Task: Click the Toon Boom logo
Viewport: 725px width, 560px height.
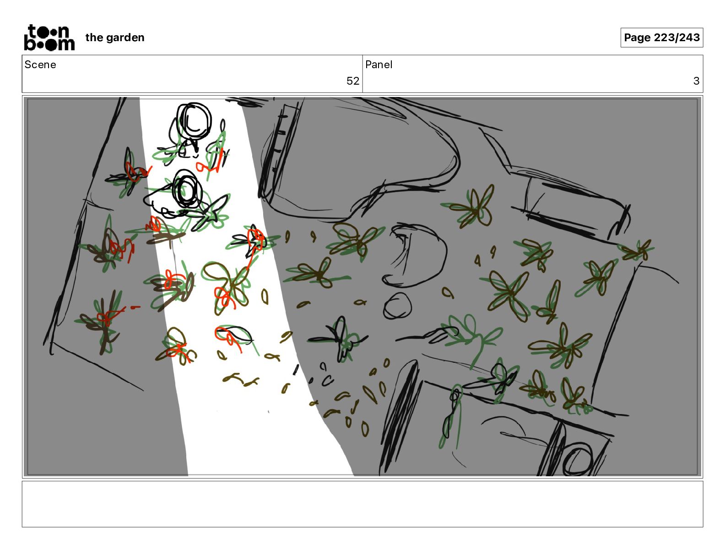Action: [49, 38]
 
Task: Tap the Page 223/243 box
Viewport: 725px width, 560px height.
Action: [662, 38]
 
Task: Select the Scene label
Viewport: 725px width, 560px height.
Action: [40, 65]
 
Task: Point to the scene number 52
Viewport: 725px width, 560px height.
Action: [352, 81]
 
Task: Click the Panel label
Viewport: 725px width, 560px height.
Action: [379, 65]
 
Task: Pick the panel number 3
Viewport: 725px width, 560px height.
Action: [696, 81]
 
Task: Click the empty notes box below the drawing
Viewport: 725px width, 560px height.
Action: [362, 504]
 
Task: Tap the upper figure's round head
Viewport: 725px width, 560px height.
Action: [194, 120]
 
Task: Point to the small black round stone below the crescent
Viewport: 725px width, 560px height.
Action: [397, 306]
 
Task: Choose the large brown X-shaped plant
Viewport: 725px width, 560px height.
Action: [509, 295]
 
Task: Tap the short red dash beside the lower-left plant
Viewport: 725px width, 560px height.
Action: [135, 307]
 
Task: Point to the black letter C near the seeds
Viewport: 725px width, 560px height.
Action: [328, 381]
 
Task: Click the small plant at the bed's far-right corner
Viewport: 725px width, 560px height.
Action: [637, 250]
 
